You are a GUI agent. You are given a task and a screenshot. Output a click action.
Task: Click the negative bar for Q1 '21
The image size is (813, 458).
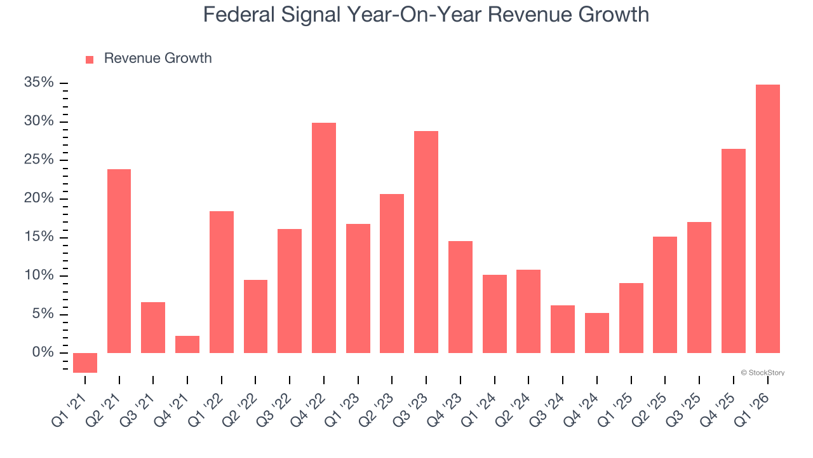[x=85, y=363]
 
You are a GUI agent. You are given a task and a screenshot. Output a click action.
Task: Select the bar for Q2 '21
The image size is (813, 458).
[x=119, y=261]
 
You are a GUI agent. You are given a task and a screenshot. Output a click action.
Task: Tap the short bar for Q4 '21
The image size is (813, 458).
[x=187, y=344]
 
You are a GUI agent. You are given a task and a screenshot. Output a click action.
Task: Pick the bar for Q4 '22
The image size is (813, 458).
[x=324, y=238]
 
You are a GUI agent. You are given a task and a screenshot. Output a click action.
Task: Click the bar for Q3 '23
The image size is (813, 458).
[x=426, y=242]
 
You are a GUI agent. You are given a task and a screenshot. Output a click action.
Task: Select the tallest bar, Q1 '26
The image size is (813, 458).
[x=767, y=219]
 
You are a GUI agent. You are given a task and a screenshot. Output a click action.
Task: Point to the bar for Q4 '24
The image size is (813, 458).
[x=597, y=333]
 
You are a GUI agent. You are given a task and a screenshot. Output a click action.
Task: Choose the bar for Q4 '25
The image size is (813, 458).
[x=734, y=251]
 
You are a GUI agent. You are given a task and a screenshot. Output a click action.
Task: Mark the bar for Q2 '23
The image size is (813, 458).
[x=392, y=274]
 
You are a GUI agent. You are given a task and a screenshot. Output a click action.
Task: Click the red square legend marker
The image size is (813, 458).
[x=90, y=59]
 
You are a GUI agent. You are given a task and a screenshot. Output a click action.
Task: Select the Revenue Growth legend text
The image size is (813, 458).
[x=158, y=59]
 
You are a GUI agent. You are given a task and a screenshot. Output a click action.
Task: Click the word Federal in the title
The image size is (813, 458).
[x=238, y=15]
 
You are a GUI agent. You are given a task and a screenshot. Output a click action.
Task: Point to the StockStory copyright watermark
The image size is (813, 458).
[x=762, y=373]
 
